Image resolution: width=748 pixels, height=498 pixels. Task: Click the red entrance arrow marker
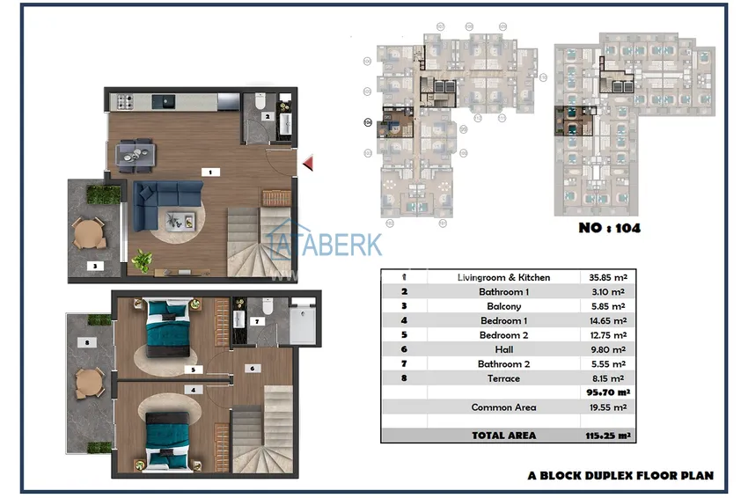tap(308, 163)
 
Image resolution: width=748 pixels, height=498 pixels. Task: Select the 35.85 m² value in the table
tap(606, 277)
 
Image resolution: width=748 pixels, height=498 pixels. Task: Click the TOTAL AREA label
tap(503, 435)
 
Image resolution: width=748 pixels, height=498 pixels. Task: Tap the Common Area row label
tap(503, 407)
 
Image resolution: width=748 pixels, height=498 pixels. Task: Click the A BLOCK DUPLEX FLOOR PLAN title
tap(620, 475)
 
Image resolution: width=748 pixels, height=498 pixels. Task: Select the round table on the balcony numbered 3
tap(88, 233)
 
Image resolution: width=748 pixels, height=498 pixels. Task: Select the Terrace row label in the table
tap(503, 378)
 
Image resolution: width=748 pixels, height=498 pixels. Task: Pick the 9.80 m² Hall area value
tap(606, 349)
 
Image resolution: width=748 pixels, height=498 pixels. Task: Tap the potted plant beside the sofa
tap(142, 260)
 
